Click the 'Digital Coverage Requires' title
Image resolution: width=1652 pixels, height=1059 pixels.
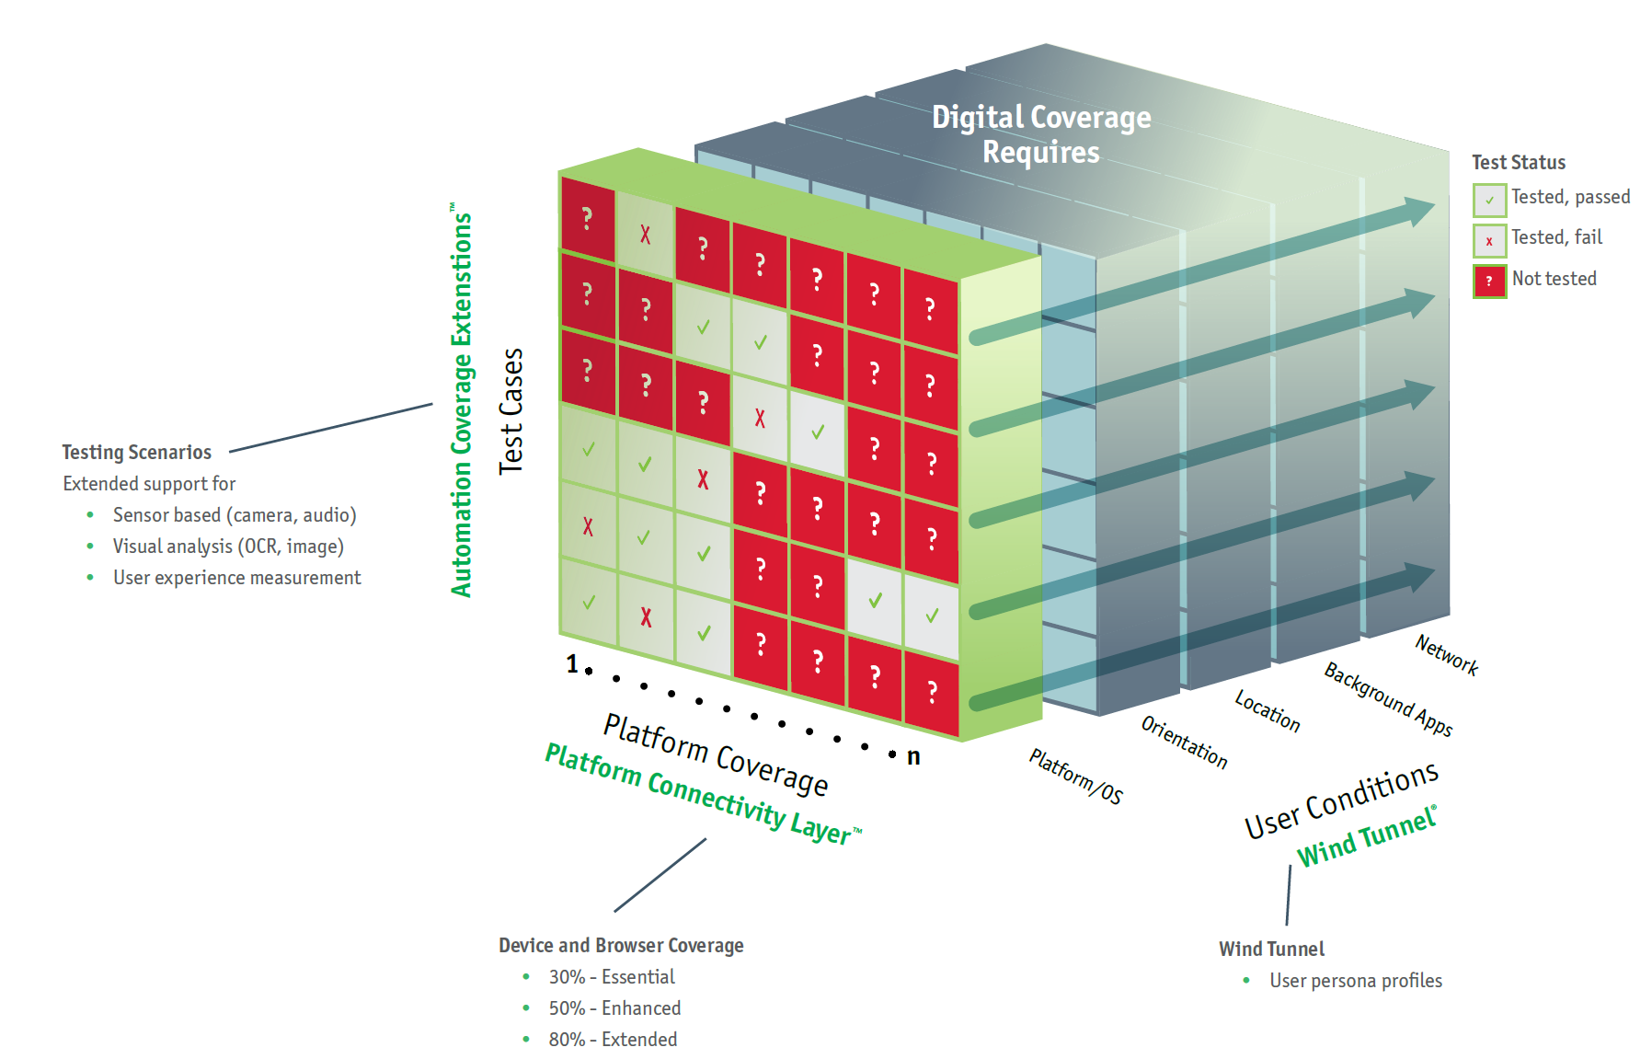click(1041, 134)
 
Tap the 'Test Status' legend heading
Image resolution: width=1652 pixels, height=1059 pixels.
click(1518, 163)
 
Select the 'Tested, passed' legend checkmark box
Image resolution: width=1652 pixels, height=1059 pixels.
click(1489, 200)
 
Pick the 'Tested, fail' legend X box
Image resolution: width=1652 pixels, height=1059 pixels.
click(1489, 241)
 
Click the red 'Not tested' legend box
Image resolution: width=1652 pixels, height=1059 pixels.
click(1489, 281)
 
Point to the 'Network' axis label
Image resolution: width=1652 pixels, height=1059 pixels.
click(1446, 655)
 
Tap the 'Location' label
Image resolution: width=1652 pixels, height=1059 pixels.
click(1267, 711)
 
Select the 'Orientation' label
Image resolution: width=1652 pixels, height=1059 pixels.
click(1184, 742)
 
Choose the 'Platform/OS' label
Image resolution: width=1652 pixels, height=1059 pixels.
click(1075, 777)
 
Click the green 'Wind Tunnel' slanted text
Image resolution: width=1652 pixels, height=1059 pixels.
click(1366, 836)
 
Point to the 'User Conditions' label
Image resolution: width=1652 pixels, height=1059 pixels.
click(1340, 800)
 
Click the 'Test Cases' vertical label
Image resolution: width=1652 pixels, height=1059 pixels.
click(511, 410)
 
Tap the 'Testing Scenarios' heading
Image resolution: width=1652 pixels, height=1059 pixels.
click(136, 452)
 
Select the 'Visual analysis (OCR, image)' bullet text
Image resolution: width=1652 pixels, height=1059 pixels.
click(228, 547)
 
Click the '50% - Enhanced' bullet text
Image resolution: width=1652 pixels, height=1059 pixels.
click(614, 1008)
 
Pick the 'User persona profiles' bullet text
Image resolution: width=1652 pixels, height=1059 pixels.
click(1355, 981)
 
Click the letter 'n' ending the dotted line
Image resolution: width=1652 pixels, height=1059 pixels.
click(913, 756)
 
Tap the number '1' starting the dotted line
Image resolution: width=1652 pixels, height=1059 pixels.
click(572, 663)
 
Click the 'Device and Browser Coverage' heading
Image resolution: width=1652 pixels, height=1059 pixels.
click(621, 946)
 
